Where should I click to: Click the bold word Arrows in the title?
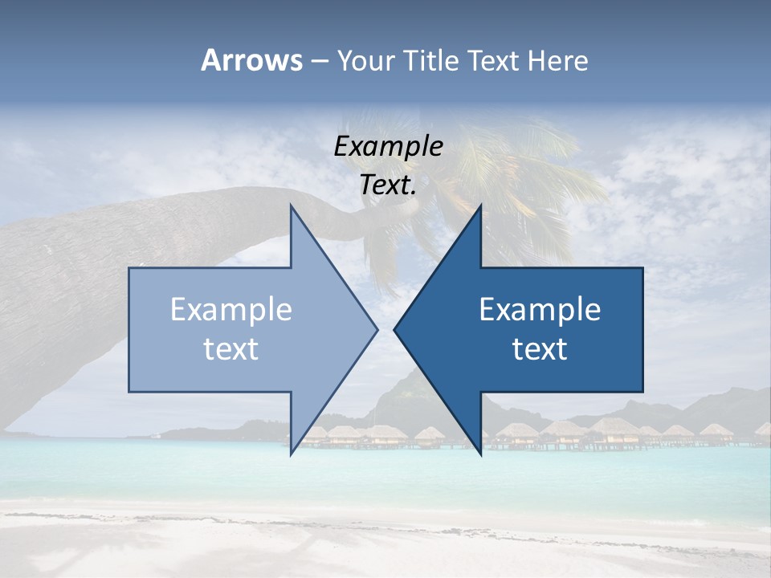tap(252, 60)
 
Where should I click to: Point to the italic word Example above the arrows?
tap(388, 147)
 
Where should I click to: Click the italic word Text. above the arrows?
tap(388, 185)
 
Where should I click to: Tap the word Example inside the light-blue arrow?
tap(231, 309)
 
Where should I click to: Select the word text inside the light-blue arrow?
tap(231, 349)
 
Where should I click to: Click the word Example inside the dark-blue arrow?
tap(540, 309)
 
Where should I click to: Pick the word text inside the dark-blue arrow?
tap(540, 349)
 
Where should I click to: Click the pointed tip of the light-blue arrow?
tap(377, 329)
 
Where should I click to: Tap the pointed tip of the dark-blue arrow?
tap(394, 329)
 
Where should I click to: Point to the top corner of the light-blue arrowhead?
tap(291, 206)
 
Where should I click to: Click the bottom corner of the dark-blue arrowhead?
tap(480, 454)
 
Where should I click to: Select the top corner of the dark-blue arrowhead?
tap(480, 206)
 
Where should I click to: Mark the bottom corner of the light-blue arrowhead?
tap(291, 454)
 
